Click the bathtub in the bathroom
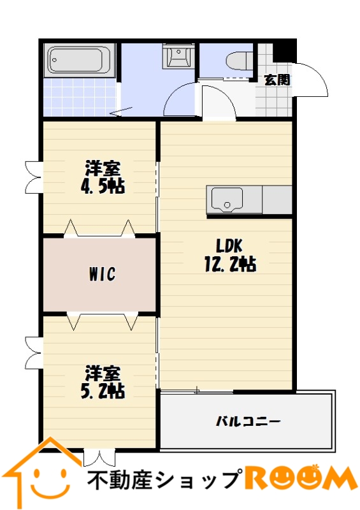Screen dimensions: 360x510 (80, 60)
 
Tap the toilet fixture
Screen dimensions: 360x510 (239, 61)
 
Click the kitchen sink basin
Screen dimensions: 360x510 (227, 200)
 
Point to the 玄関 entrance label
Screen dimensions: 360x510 (277, 80)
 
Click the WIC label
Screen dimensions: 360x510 (102, 274)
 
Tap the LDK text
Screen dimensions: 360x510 (229, 246)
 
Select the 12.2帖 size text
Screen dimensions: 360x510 (230, 264)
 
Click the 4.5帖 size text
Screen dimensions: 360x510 (103, 186)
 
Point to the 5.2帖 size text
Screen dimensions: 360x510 (103, 391)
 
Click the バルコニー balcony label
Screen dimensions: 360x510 (248, 422)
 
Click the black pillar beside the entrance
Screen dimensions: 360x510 (284, 50)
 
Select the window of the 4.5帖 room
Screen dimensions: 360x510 (34, 177)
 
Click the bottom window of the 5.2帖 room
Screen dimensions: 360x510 (99, 457)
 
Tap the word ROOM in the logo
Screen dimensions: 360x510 (300, 479)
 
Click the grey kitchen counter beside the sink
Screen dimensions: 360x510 (277, 200)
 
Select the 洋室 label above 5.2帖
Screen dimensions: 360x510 (103, 374)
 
